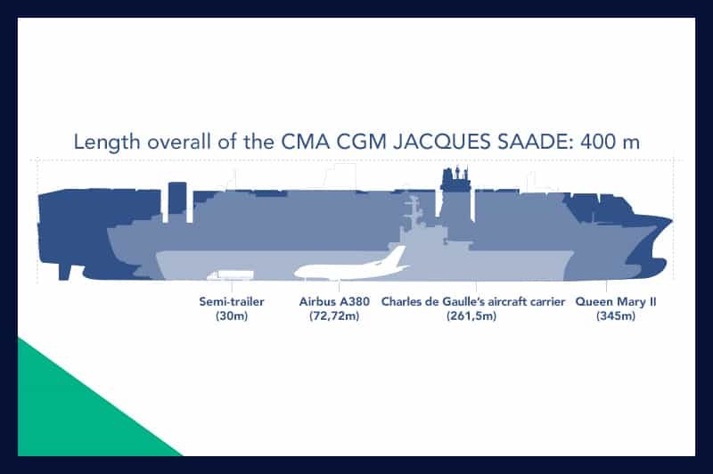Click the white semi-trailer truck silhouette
pos(230,274)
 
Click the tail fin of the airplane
pos(396,255)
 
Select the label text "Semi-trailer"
pos(232,301)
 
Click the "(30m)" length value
pos(232,315)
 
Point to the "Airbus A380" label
pos(334,301)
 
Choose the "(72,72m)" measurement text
pos(334,315)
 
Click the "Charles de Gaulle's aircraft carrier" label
pos(473,301)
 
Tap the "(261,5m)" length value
pos(471,315)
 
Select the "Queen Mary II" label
pos(616,301)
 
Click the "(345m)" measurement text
pos(616,315)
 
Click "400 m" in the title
pos(611,142)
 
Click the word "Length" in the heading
pos(107,143)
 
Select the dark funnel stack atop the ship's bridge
pos(456,178)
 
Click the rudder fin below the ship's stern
pos(64,272)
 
